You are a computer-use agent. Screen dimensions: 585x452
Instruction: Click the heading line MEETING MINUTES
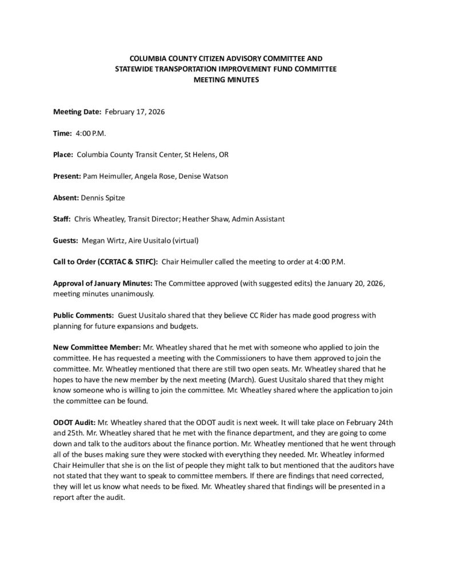[x=226, y=81]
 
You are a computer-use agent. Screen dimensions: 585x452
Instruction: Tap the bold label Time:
[x=62, y=133]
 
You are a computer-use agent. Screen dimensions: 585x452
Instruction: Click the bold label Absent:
[x=66, y=198]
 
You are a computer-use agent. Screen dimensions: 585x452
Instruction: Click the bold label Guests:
[x=66, y=241]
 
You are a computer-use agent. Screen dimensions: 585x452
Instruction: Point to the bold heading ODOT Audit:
[x=76, y=422]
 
